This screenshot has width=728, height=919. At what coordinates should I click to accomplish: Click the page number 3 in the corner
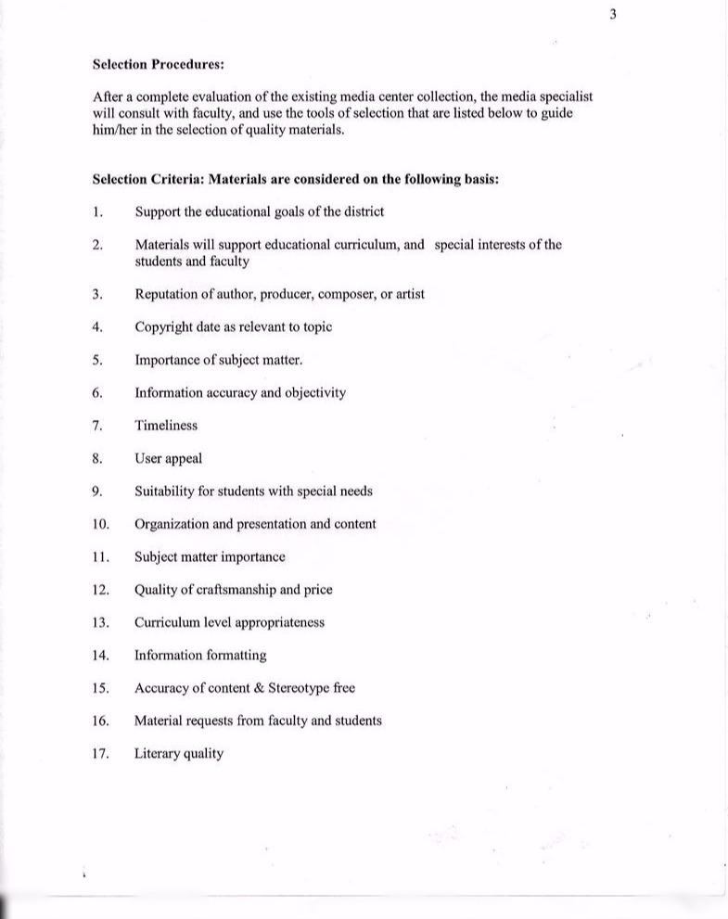point(612,14)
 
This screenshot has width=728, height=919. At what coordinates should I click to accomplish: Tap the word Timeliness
point(166,426)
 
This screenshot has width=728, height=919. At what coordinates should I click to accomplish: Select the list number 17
point(101,753)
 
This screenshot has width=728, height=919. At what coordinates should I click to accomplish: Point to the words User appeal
point(168,458)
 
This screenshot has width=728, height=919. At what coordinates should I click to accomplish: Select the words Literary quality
point(179,753)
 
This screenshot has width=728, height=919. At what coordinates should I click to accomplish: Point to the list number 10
point(101,524)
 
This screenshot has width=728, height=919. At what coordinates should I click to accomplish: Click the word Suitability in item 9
point(164,491)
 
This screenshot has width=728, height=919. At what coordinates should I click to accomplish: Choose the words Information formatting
point(200,655)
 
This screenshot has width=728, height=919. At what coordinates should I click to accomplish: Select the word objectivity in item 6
point(314,392)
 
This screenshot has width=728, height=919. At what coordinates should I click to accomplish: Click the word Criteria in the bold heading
point(178,179)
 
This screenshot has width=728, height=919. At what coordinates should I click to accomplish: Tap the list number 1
point(97,211)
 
